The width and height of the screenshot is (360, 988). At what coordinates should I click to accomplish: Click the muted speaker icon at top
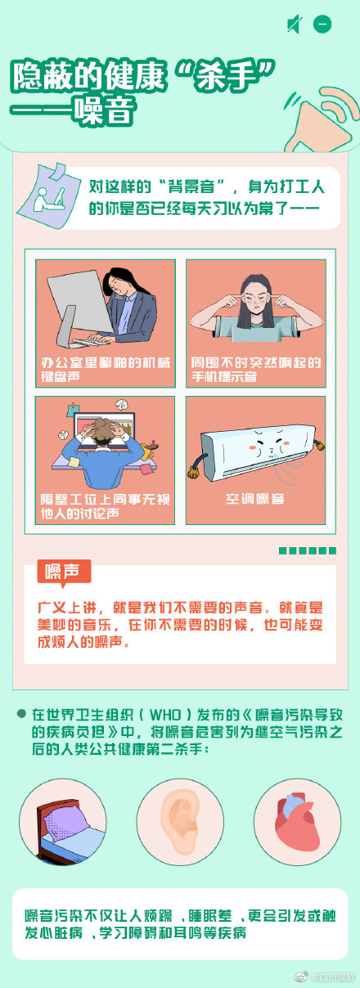tap(294, 25)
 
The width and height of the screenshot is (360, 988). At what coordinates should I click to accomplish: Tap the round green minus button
tap(322, 25)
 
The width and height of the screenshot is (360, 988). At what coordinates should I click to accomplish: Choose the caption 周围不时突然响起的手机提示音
tap(255, 369)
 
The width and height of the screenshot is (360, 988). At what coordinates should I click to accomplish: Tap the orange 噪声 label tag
tap(64, 572)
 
